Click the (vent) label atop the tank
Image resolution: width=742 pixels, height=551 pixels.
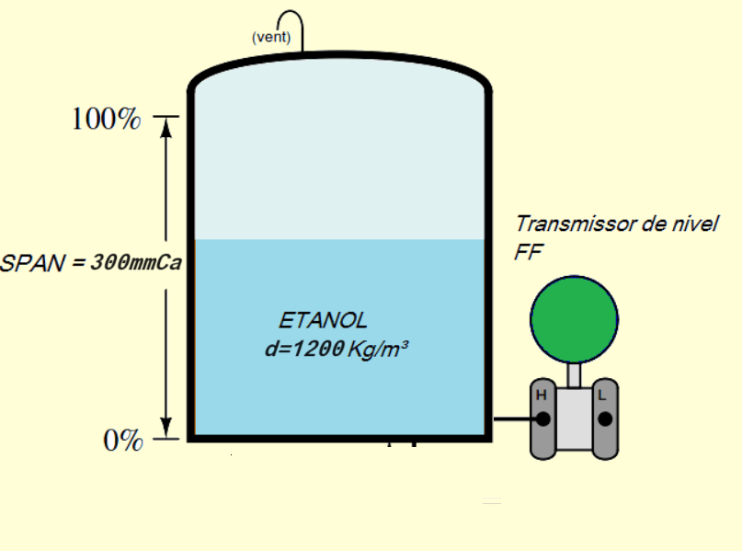271,38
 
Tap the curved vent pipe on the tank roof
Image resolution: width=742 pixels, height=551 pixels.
291,21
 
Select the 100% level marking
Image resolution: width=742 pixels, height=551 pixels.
107,120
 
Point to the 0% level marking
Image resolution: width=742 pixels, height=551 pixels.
122,441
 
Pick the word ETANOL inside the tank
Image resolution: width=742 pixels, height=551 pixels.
323,321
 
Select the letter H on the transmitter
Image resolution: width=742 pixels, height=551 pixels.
542,396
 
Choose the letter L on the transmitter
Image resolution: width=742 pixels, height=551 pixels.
603,396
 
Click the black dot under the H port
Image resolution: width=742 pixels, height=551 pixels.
543,419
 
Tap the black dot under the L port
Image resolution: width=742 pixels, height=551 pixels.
605,419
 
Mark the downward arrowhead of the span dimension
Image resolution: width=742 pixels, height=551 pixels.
166,429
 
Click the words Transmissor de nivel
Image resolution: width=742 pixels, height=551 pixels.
616,224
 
